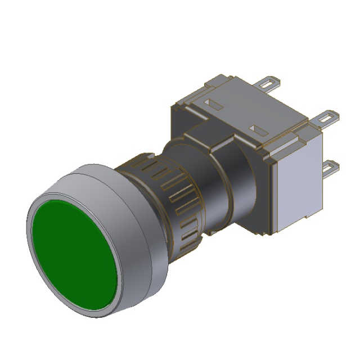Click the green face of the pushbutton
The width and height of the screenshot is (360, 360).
(73, 254)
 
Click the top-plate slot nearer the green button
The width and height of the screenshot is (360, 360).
(213, 104)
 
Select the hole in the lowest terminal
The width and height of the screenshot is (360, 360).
(333, 165)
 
